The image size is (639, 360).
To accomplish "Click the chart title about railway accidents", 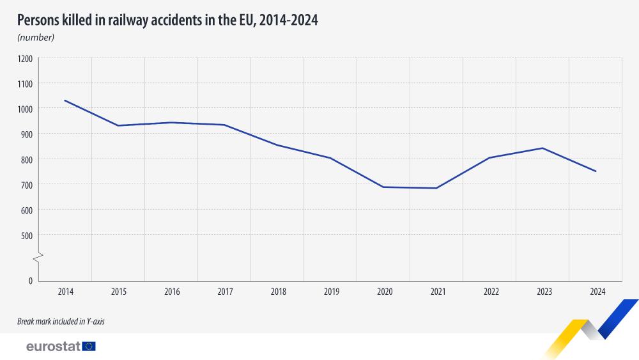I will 167,20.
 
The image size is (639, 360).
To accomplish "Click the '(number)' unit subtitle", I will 36,38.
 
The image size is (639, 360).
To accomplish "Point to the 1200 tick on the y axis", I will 25,58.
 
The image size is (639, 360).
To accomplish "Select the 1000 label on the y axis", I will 25,109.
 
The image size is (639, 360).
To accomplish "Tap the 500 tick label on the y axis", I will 26,235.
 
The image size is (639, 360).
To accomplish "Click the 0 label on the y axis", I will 30,281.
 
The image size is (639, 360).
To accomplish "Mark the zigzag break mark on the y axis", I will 39,258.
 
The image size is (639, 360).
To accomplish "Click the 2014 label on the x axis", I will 65,292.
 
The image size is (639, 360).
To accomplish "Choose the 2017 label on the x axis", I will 225,292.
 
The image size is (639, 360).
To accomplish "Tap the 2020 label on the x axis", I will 384,292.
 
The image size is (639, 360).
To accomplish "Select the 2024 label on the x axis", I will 597,292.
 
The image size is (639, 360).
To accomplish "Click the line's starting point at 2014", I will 65,100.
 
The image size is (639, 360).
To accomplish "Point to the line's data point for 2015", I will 118,125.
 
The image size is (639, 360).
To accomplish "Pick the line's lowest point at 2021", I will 436,188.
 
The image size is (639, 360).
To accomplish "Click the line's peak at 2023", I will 543,148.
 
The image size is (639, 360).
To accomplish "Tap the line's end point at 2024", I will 596,171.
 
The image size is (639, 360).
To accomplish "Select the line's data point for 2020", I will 383,187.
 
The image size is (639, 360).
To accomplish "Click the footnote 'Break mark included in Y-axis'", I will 61,322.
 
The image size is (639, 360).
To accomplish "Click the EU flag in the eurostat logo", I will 89,347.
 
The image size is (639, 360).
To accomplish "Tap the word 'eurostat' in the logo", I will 53,347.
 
